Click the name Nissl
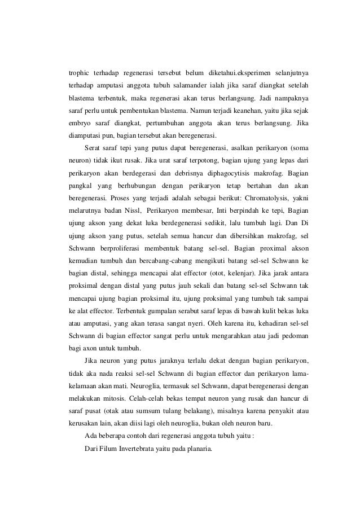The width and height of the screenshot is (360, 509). click(130, 211)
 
